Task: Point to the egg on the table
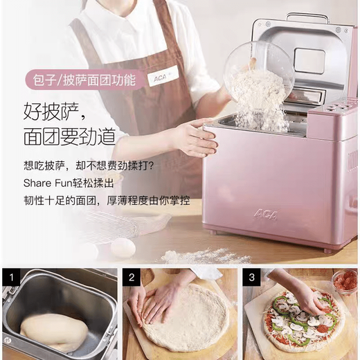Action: (123, 246)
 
